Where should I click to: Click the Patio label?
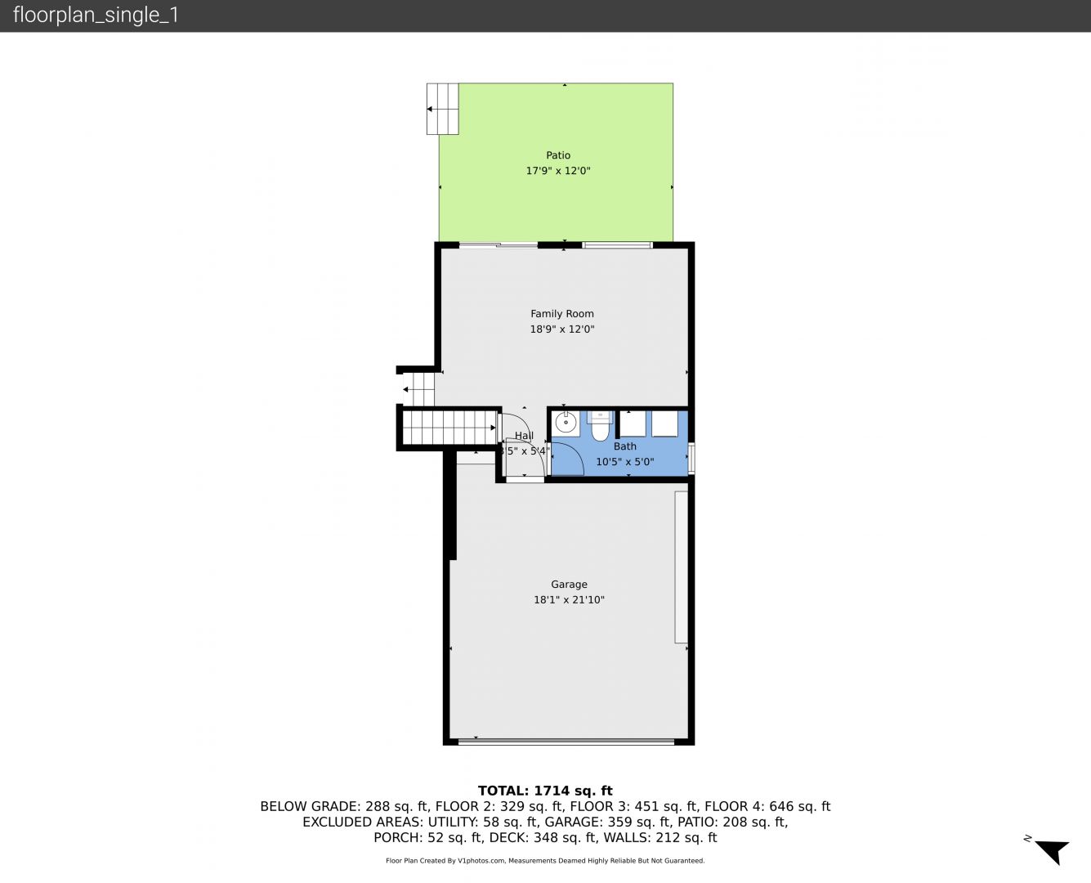tap(558, 155)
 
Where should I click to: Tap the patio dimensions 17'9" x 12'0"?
tap(558, 171)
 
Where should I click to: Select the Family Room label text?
tap(562, 314)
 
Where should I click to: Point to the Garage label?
tap(569, 585)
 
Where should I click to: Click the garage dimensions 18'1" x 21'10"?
tap(569, 599)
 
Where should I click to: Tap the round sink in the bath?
tap(566, 424)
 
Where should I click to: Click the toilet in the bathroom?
tap(599, 426)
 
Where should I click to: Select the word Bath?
tap(625, 446)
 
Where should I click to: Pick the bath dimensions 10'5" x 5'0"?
tap(625, 462)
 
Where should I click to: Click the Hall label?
tap(524, 436)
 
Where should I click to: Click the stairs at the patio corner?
tap(443, 110)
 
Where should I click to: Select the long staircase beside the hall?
tap(449, 428)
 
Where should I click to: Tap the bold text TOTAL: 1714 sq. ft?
tap(545, 791)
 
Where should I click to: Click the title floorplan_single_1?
tap(96, 16)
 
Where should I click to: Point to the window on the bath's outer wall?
tap(691, 458)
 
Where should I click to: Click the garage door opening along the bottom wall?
tap(566, 742)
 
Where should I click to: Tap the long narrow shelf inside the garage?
tap(681, 567)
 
